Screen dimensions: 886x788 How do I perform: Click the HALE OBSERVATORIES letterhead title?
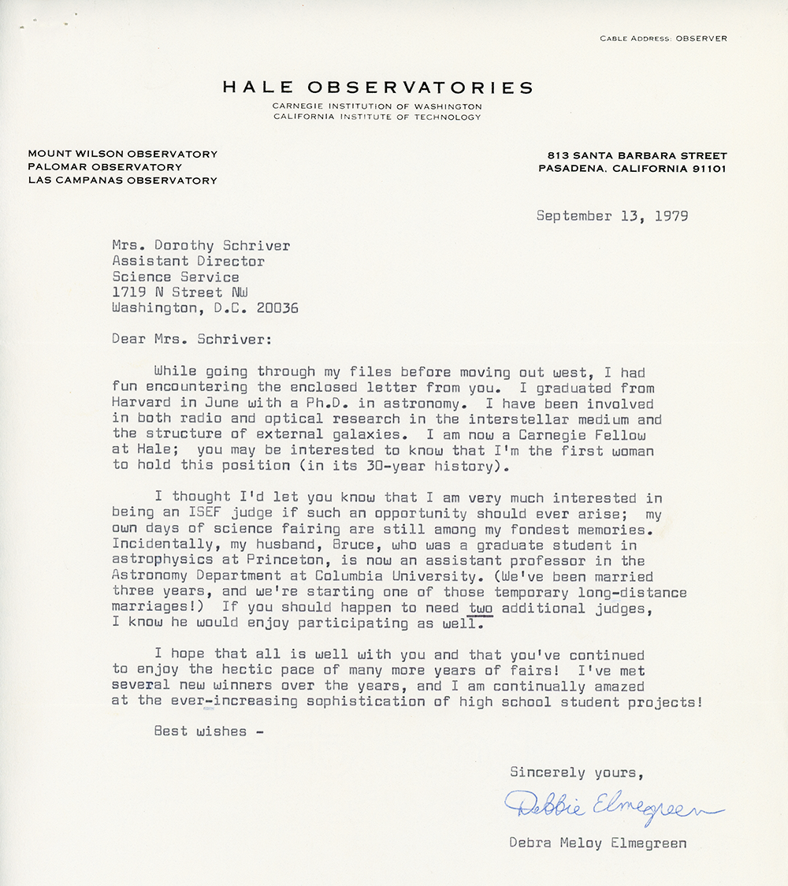(x=377, y=87)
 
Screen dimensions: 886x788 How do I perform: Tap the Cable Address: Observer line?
(x=663, y=39)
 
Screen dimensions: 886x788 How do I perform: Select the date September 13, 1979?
(x=612, y=215)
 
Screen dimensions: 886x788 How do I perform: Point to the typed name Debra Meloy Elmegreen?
(x=598, y=843)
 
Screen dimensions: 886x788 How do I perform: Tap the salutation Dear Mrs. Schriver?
(x=188, y=340)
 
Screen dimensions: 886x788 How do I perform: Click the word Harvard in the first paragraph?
(x=141, y=404)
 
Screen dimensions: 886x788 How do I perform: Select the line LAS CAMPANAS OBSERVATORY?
(x=122, y=181)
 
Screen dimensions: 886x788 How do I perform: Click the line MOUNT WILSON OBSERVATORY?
(x=122, y=154)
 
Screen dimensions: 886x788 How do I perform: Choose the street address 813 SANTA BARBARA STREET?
(x=633, y=155)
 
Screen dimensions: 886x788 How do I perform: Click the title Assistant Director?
(x=188, y=261)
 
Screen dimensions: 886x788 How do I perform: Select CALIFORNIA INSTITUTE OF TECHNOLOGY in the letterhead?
(x=377, y=117)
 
